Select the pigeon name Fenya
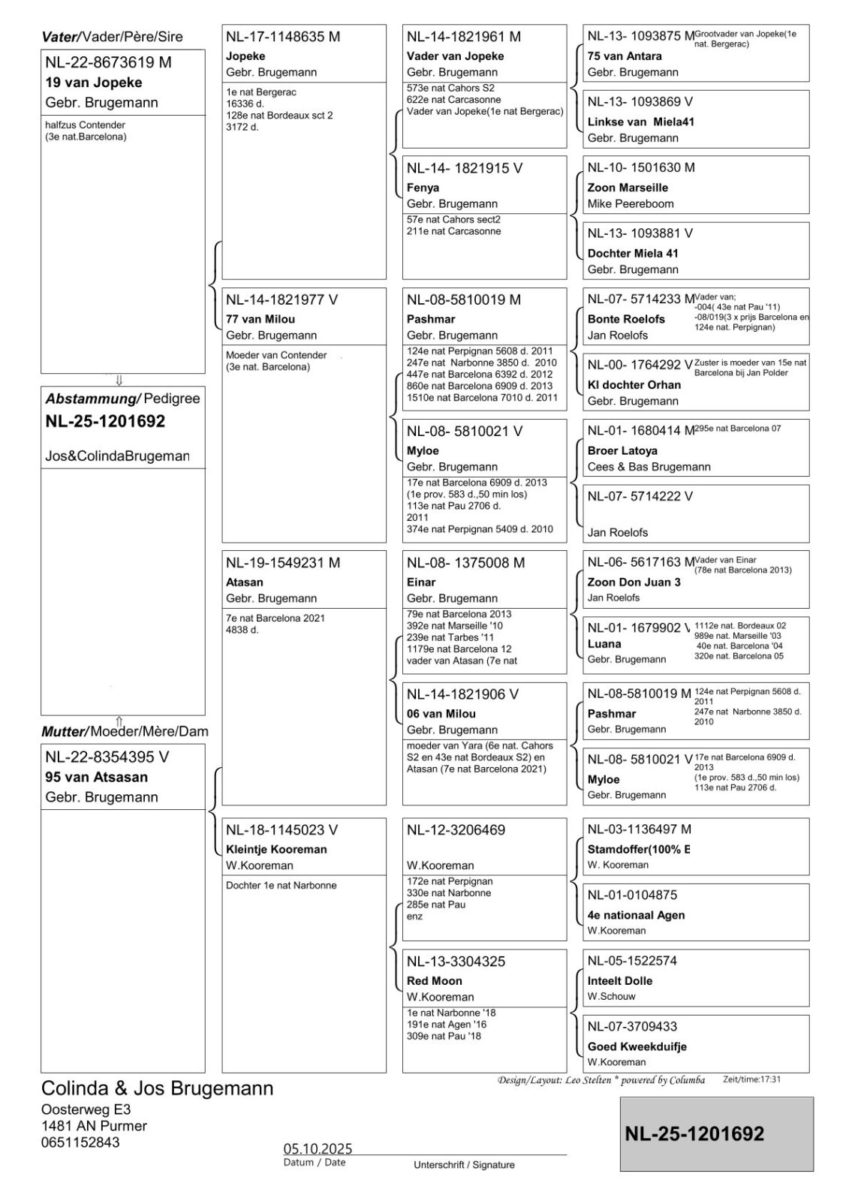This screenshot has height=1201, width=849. pos(423,188)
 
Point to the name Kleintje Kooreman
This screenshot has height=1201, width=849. pos(276,850)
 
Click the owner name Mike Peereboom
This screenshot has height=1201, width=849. pos(631,203)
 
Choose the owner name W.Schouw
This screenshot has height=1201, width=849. pos(611,996)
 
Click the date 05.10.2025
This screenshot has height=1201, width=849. pos(318,1149)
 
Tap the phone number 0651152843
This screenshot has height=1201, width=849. pos(80,1142)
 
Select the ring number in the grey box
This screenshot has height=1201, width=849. pos(694,1133)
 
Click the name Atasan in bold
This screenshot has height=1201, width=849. pos(245,582)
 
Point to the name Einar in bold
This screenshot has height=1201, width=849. pos(421,582)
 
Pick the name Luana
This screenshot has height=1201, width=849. pos(604,644)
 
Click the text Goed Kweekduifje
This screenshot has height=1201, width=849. pos(637,1046)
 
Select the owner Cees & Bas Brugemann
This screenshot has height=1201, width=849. pos(649,467)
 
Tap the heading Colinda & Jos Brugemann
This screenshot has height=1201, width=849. pos(157,1088)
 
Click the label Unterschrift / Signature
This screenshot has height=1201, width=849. pos(464,1165)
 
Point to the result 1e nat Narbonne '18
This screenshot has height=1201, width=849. pos(451,1013)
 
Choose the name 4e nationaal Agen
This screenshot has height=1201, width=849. pos(636,915)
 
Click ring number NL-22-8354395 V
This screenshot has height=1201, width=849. pos(107,757)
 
